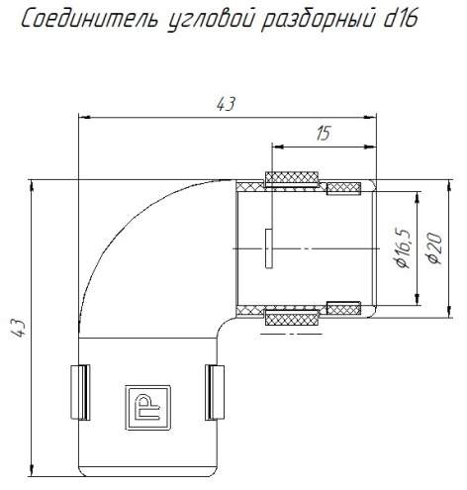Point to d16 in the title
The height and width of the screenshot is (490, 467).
(392, 19)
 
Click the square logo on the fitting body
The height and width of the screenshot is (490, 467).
(145, 404)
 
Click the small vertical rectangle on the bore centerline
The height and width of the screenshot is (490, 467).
(268, 247)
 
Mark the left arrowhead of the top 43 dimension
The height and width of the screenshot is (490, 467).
(83, 117)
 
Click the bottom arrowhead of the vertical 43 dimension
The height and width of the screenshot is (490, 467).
(34, 470)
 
